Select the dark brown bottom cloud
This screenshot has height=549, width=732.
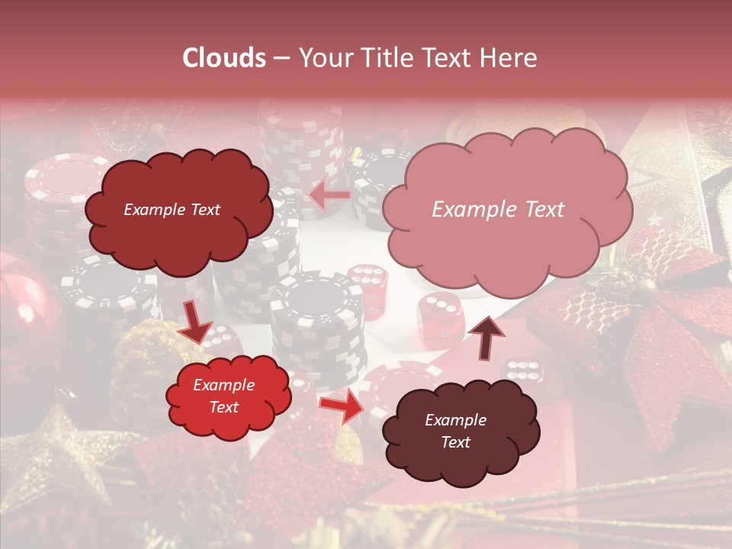(461, 432)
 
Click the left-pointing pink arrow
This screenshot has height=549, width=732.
(331, 196)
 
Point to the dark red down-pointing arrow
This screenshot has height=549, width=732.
(195, 321)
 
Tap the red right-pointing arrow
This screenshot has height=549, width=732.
(342, 406)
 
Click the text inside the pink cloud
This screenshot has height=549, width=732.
(498, 210)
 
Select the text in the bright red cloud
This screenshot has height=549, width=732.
(223, 396)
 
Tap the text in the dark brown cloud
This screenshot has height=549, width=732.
(455, 432)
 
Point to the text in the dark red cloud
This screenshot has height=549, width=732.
(172, 210)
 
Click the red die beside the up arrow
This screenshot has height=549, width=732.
(441, 316)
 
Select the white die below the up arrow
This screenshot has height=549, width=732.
(523, 371)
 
